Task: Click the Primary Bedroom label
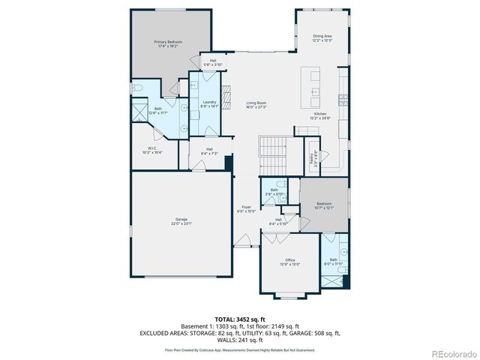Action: [x=168, y=44]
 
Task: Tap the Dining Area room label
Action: [x=322, y=37]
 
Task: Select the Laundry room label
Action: [x=210, y=103]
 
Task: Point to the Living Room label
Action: [x=256, y=104]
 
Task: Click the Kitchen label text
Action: [x=320, y=115]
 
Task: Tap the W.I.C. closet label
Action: [x=152, y=150]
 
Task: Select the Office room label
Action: [x=290, y=262]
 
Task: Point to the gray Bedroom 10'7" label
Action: [x=324, y=205]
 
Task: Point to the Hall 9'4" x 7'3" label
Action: [x=209, y=151]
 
